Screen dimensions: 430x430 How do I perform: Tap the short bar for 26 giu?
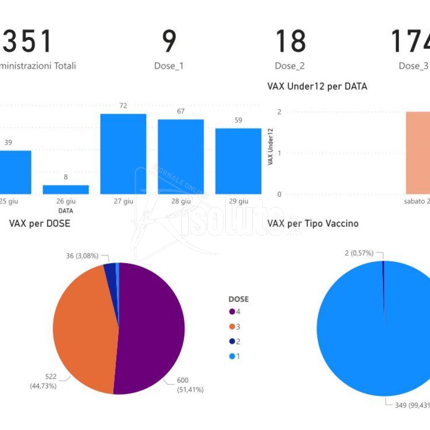coord(66,189)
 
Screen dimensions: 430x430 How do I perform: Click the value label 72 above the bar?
coord(123,106)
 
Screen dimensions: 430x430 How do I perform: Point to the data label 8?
coord(66,177)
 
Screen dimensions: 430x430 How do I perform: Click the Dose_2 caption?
coord(290,66)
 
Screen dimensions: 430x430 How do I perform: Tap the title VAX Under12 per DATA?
coord(317,87)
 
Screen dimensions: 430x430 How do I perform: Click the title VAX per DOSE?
coord(39,223)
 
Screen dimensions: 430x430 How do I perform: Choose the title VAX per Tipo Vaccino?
coord(313,223)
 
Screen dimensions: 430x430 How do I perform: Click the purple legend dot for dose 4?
coord(231,312)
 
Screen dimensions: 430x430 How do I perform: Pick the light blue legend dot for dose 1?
coord(231,356)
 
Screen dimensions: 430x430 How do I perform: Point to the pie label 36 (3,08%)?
coord(82,256)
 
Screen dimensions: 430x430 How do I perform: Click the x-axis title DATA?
coord(66,210)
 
